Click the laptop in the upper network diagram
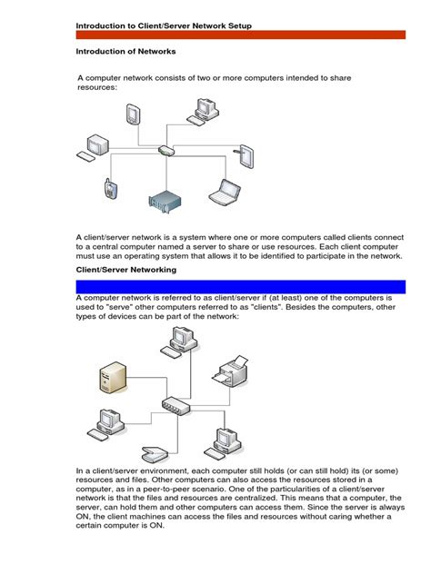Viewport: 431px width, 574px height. pos(224,192)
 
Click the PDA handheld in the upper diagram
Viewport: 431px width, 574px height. pos(133,114)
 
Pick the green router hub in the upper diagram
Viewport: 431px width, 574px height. pos(165,150)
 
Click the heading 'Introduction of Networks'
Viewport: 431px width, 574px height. pos(125,52)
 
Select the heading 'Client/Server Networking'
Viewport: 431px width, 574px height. pos(125,271)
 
